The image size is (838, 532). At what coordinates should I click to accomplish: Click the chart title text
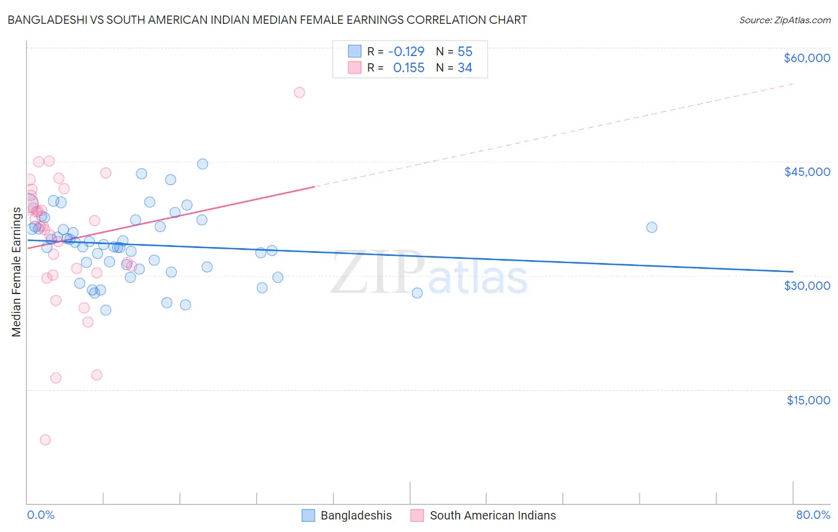(x=267, y=20)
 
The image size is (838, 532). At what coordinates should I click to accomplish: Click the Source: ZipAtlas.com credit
(x=784, y=20)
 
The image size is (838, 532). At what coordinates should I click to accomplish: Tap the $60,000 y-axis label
(x=806, y=58)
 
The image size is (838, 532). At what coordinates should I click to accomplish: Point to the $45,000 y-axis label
(x=806, y=172)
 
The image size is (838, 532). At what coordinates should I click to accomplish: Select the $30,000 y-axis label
(x=806, y=286)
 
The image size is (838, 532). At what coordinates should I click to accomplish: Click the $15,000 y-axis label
(x=808, y=400)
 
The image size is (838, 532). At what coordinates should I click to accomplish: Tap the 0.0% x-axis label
(x=41, y=515)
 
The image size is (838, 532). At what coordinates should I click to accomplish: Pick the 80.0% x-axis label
(x=813, y=515)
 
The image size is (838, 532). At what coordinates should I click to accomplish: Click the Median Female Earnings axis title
(x=17, y=272)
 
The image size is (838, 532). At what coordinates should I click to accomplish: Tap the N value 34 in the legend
(x=465, y=68)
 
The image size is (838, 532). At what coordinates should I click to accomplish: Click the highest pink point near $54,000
(x=299, y=92)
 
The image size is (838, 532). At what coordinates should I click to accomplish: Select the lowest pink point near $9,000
(x=45, y=440)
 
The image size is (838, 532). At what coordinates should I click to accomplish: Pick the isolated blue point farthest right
(x=651, y=227)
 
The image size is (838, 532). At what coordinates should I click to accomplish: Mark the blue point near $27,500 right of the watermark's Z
(x=417, y=293)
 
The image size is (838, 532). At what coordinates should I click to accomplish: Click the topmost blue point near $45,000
(x=203, y=164)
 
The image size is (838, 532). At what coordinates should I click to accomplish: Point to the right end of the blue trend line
(x=792, y=271)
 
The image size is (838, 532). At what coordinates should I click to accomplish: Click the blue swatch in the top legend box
(x=355, y=52)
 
